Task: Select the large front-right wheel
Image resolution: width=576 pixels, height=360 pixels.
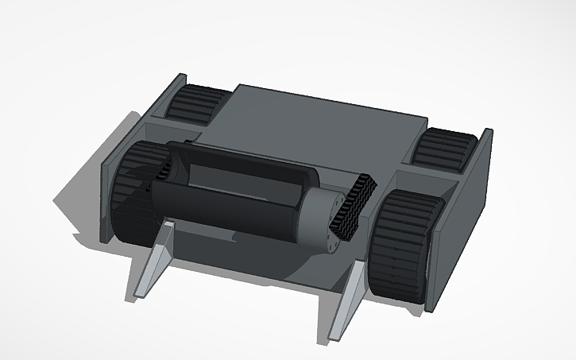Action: point(405,246)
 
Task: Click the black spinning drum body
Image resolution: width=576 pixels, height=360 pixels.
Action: point(230,203)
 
